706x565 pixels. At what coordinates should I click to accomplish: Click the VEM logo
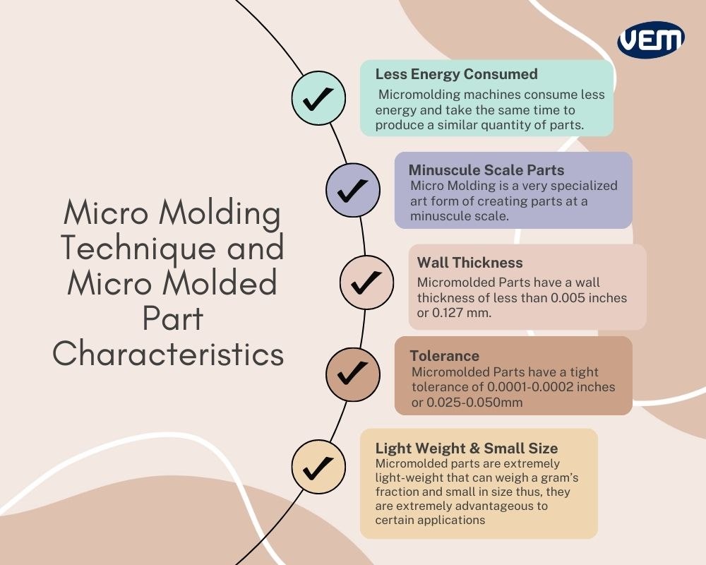(650, 40)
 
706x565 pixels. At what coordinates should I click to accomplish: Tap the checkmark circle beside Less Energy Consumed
(318, 99)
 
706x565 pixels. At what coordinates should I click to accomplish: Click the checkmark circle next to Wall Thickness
(366, 282)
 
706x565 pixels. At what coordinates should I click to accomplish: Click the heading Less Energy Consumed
(456, 74)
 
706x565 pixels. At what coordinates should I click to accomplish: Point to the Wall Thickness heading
(469, 263)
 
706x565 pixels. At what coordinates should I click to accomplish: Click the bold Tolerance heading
(444, 356)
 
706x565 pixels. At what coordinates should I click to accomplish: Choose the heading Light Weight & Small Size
(467, 448)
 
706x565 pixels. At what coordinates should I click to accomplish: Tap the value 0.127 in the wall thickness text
(450, 313)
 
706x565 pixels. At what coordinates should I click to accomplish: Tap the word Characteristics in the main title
(168, 353)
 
